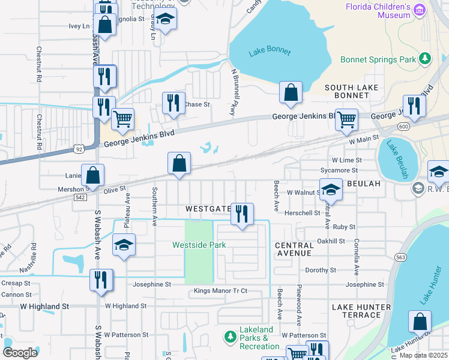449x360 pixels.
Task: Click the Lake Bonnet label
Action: coord(270,52)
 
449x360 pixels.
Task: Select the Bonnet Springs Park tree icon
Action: coord(426,58)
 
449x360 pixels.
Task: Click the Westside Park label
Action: coord(199,245)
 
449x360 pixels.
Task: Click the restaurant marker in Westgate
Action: coord(243,214)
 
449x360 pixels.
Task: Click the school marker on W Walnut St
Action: coord(330,190)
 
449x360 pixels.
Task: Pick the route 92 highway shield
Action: coord(79,148)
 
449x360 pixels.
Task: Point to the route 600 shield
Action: coord(403,127)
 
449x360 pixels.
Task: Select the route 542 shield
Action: coord(79,197)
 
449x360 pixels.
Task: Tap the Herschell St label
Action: coord(302,213)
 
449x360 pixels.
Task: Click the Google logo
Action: coord(20,352)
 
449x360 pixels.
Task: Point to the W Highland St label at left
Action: coord(44,307)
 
